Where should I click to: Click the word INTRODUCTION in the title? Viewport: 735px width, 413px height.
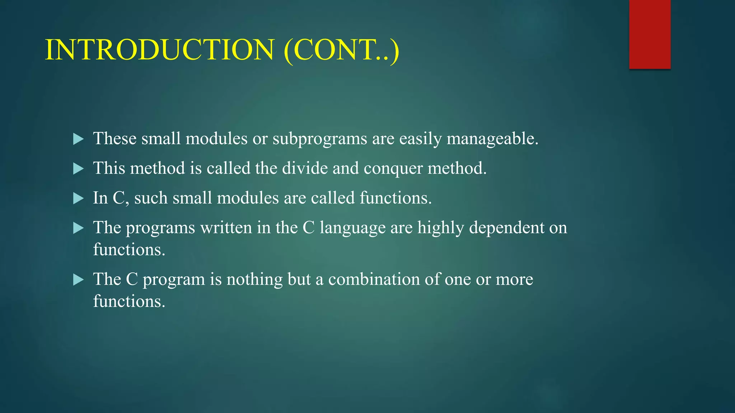point(160,50)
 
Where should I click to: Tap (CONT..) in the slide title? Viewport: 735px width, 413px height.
point(341,50)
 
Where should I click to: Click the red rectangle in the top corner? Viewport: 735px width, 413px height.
point(650,34)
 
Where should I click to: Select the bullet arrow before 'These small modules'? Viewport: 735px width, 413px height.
point(78,139)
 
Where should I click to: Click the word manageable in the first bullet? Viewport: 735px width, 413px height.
point(492,139)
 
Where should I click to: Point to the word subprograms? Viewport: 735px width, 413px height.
point(320,139)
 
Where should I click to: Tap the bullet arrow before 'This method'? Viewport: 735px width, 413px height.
point(78,168)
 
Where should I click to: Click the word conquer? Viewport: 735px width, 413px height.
point(393,168)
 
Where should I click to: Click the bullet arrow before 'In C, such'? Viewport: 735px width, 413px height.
point(78,198)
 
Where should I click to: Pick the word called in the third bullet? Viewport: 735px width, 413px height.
point(332,198)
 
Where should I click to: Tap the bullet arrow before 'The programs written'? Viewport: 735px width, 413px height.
point(78,228)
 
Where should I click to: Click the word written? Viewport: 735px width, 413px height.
point(226,228)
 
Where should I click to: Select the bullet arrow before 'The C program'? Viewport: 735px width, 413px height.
point(78,280)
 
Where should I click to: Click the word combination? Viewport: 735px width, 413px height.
point(374,280)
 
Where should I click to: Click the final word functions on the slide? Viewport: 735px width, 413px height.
point(129,301)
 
